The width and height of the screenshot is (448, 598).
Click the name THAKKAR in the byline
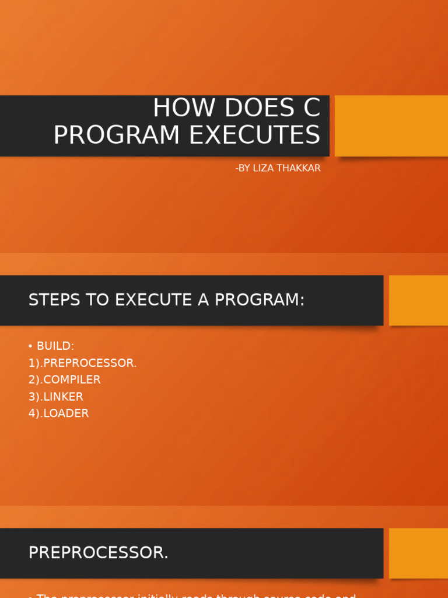pyautogui.click(x=300, y=168)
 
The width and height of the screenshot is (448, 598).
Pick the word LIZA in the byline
pyautogui.click(x=265, y=168)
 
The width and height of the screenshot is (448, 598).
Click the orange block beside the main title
pyautogui.click(x=391, y=126)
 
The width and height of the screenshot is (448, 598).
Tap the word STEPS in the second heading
pyautogui.click(x=54, y=300)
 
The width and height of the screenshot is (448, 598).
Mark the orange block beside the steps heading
pyautogui.click(x=418, y=300)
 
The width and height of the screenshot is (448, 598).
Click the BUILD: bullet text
pyautogui.click(x=55, y=346)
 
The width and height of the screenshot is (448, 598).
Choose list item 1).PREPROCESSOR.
pyautogui.click(x=82, y=363)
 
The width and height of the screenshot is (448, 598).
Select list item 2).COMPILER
pyautogui.click(x=64, y=380)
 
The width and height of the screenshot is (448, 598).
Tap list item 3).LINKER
pyautogui.click(x=55, y=397)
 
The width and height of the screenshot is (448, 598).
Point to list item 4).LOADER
pyautogui.click(x=58, y=413)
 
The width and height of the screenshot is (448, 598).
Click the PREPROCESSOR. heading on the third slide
pyautogui.click(x=98, y=553)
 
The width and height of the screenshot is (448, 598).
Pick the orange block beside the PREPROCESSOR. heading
pyautogui.click(x=418, y=553)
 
